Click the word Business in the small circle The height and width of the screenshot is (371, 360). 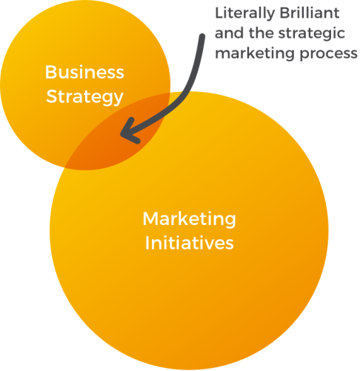point(84,72)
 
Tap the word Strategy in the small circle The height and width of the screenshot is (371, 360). point(84,97)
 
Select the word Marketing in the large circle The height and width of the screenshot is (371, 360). point(190,219)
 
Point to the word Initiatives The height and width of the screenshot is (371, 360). point(189,243)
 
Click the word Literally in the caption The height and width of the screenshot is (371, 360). point(244,13)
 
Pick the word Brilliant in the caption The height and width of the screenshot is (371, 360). point(310,13)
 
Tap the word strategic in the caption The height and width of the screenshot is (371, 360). point(313,34)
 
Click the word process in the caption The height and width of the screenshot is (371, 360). point(329,54)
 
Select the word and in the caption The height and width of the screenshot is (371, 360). point(229,33)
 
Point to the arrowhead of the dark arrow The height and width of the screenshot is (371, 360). point(121,134)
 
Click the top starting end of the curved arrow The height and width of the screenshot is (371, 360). point(202,36)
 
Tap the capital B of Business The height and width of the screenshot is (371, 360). point(50,72)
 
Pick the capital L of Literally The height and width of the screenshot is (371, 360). point(219,13)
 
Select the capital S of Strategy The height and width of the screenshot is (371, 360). point(51,96)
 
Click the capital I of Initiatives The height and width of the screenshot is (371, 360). point(147,243)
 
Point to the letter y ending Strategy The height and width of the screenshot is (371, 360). point(118,99)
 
